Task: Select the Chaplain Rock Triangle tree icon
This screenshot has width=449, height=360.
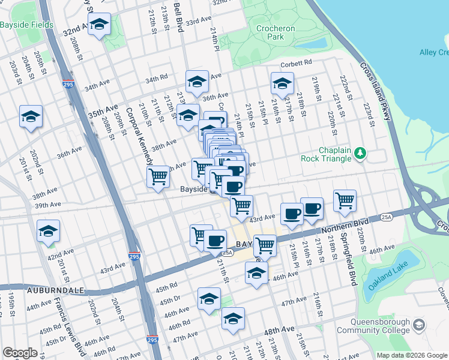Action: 360,154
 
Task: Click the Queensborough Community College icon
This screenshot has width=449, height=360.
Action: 418,325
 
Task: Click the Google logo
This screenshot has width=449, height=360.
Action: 20,353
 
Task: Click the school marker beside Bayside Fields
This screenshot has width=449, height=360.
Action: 99,25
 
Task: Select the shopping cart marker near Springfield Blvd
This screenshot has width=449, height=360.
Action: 345,201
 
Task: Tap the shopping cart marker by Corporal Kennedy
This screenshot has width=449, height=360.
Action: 158,177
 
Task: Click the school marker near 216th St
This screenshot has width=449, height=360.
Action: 282,84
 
